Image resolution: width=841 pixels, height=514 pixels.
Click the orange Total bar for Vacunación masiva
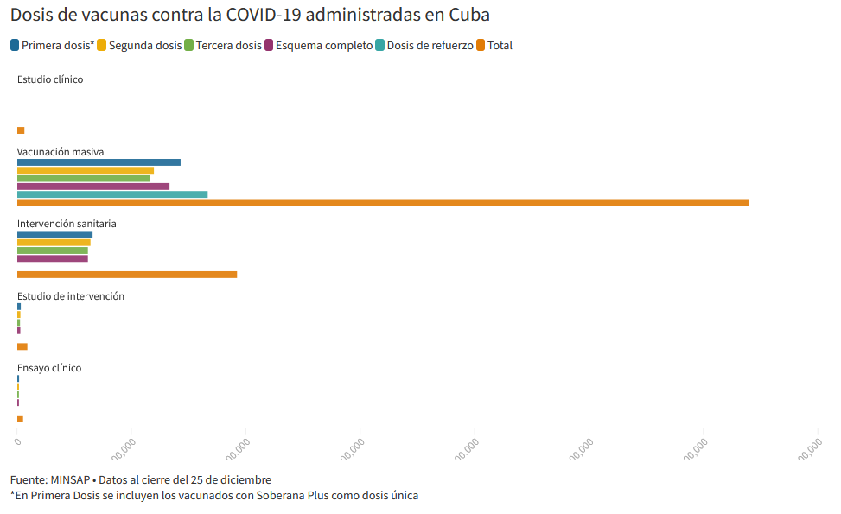click(382, 202)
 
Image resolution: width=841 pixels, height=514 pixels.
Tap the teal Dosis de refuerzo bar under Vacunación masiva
click(112, 194)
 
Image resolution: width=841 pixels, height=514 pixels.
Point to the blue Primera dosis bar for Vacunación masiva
click(99, 162)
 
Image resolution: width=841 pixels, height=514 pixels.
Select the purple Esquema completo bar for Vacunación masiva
click(93, 187)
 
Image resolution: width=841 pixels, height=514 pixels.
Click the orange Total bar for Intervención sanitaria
click(126, 275)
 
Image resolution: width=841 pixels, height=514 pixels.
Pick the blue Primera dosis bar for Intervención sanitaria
click(54, 235)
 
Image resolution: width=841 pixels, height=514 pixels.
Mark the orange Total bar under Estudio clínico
click(21, 130)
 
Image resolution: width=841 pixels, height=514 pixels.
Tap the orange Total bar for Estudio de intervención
click(22, 346)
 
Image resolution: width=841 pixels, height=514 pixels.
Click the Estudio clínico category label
click(50, 79)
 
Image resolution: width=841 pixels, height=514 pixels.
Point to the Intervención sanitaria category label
click(67, 224)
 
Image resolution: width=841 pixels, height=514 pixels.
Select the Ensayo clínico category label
click(49, 368)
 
